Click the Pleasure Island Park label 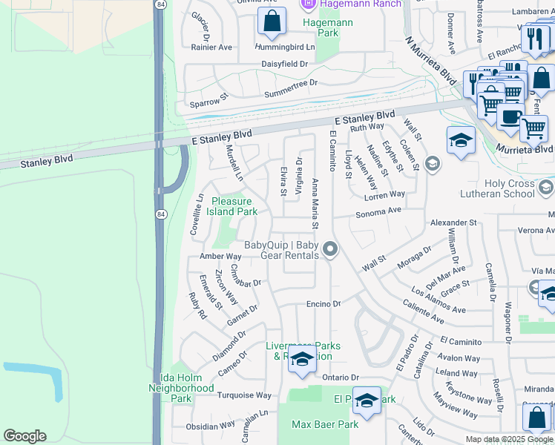234,206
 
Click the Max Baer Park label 325,425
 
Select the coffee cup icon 510,117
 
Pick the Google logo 24,436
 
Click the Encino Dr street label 323,304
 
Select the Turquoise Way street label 244,395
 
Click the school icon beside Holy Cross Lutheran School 433,162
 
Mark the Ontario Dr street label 340,378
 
